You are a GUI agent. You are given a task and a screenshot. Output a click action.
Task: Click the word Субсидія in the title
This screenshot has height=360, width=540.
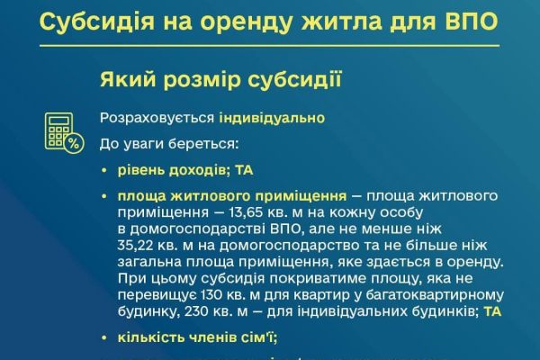[97, 22]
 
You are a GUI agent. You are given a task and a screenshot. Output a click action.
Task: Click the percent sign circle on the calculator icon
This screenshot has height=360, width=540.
[74, 143]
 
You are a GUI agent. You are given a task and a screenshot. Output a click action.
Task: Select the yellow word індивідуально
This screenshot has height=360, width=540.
[272, 118]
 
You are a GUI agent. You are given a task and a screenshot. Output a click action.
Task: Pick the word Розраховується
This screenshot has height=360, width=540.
[157, 119]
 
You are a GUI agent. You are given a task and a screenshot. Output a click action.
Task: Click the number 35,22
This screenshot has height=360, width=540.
[135, 246]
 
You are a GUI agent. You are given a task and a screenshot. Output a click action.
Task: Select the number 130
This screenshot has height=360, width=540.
[213, 295]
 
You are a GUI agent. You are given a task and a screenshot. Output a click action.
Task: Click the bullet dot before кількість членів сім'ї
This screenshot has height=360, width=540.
[104, 338]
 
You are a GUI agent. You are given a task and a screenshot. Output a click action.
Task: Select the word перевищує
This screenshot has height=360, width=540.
[157, 296]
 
